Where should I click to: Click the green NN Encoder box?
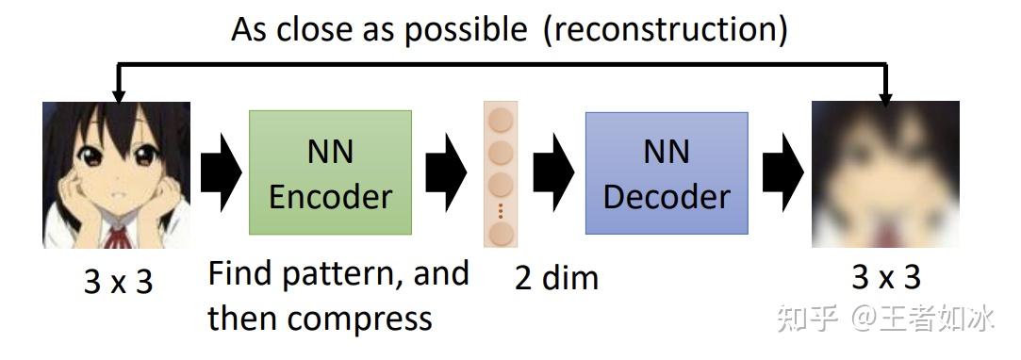[x=330, y=172]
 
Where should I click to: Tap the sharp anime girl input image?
[x=116, y=174]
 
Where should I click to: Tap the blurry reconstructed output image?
[x=885, y=174]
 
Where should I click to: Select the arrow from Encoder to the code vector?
[x=446, y=173]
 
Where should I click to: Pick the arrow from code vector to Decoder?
[x=554, y=173]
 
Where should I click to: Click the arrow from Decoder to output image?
[x=782, y=173]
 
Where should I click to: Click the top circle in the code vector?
[x=501, y=121]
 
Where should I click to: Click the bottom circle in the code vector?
[x=501, y=231]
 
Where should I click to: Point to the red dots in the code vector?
[x=501, y=208]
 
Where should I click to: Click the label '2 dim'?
[x=556, y=277]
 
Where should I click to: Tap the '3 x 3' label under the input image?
[x=118, y=281]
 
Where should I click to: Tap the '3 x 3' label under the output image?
[x=885, y=277]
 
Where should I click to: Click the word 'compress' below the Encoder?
[x=360, y=318]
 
